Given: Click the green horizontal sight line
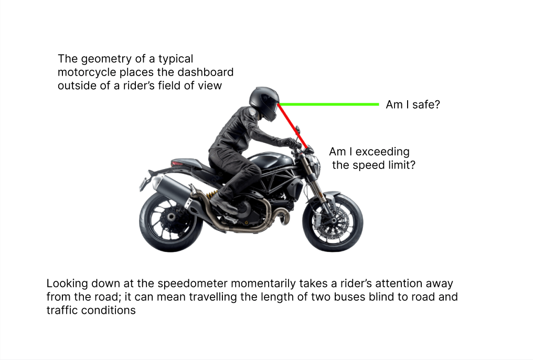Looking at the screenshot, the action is pos(329,104).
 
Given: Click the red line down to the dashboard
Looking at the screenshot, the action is pos(293,126).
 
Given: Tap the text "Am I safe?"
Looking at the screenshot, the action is pos(413,104).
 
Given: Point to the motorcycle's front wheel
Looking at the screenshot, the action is pos(333,223).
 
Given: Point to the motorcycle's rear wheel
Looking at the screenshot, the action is pos(170,223).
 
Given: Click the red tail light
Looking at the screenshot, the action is pos(177,164).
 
